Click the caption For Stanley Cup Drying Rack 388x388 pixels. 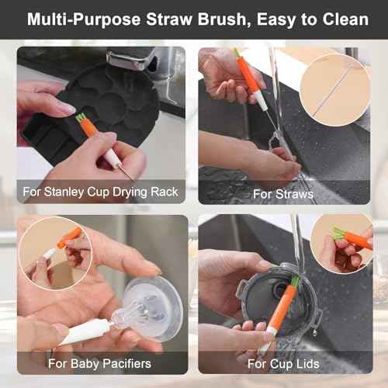tap(101, 191)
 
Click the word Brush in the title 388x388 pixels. tap(209, 19)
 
